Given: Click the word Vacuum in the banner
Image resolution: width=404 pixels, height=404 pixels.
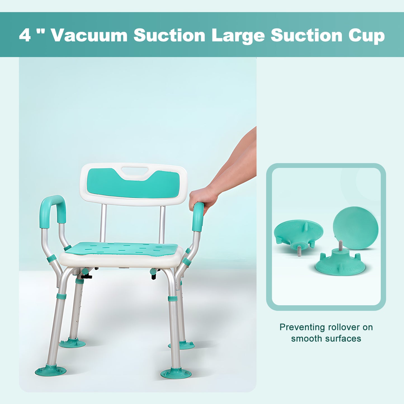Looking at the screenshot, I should (89, 36).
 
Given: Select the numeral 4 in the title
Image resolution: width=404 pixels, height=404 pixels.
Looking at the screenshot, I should (25, 36).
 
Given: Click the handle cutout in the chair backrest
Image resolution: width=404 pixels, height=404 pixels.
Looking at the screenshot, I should (135, 171).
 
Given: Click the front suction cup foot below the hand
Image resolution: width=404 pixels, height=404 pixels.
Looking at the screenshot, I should (176, 373).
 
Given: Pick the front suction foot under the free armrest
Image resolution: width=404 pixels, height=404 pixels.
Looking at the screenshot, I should (51, 371).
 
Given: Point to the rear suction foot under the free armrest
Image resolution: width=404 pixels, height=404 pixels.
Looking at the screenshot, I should (72, 343).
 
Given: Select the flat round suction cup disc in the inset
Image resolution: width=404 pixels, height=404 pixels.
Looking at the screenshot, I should (355, 227).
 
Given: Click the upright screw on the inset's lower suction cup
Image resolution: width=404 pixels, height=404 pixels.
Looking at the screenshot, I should (340, 245).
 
